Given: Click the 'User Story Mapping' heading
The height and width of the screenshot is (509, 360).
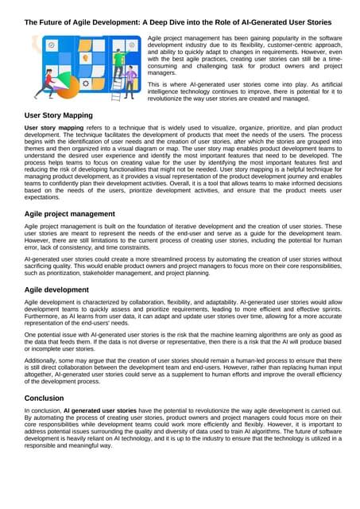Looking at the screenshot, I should tap(63, 116).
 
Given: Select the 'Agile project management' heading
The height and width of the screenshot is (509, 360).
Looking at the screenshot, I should tap(75, 213).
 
